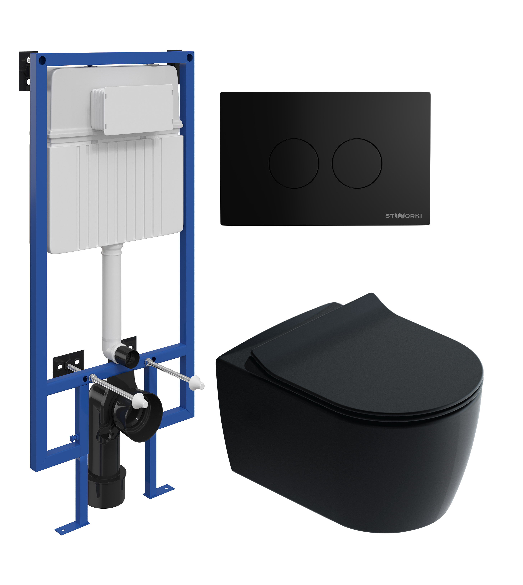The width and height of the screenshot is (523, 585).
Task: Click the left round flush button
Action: pos(294,163)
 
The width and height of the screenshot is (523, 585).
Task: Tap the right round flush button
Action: pos(357,163)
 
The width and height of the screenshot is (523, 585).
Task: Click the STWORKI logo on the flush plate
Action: pos(403,216)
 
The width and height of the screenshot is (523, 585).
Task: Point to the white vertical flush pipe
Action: pos(112,299)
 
